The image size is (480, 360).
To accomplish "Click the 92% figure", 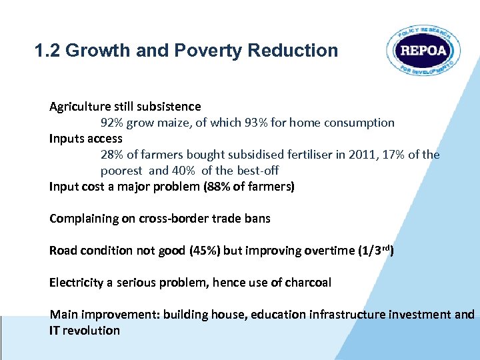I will click(112, 123).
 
